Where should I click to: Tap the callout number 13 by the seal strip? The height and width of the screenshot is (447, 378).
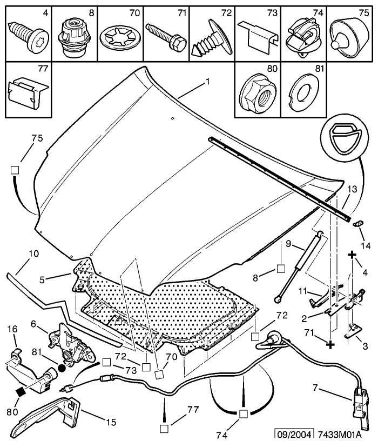[x=352, y=189]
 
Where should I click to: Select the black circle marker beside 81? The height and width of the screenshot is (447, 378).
[x=62, y=368]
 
